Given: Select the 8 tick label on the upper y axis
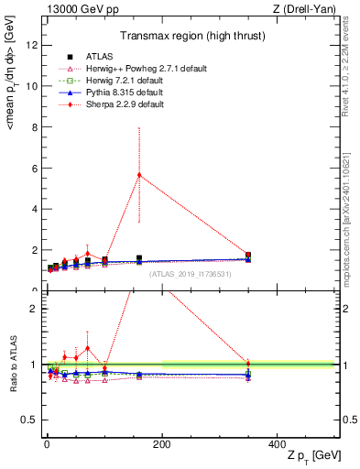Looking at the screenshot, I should tap(33, 126).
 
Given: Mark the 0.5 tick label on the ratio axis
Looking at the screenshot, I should tap(28, 420).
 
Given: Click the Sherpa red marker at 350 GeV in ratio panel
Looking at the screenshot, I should tap(248, 364).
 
